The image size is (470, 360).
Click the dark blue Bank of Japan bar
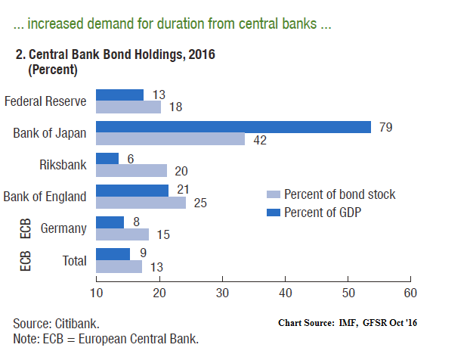pyautogui.click(x=233, y=127)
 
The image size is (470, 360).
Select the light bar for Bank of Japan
pyautogui.click(x=171, y=138)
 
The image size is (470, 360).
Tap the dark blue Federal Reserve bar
pyautogui.click(x=119, y=95)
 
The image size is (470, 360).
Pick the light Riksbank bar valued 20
pyautogui.click(x=131, y=170)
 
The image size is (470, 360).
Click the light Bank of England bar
pyautogui.click(x=141, y=203)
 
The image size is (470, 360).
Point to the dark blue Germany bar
pyautogui.click(x=110, y=222)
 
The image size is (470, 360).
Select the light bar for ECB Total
pyautogui.click(x=119, y=266)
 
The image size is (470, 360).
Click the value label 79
pyautogui.click(x=386, y=126)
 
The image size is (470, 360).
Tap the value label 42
pyautogui.click(x=260, y=139)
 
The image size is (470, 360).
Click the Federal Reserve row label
pyautogui.click(x=45, y=101)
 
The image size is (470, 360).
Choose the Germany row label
pyautogui.click(x=64, y=228)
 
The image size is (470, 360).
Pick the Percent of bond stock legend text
pyautogui.click(x=339, y=194)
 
